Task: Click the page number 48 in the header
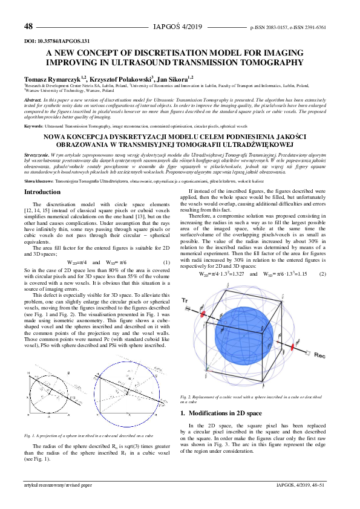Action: pyautogui.click(x=28, y=27)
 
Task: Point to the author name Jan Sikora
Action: pyautogui.click(x=176, y=78)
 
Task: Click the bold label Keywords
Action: pyautogui.click(x=33, y=125)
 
